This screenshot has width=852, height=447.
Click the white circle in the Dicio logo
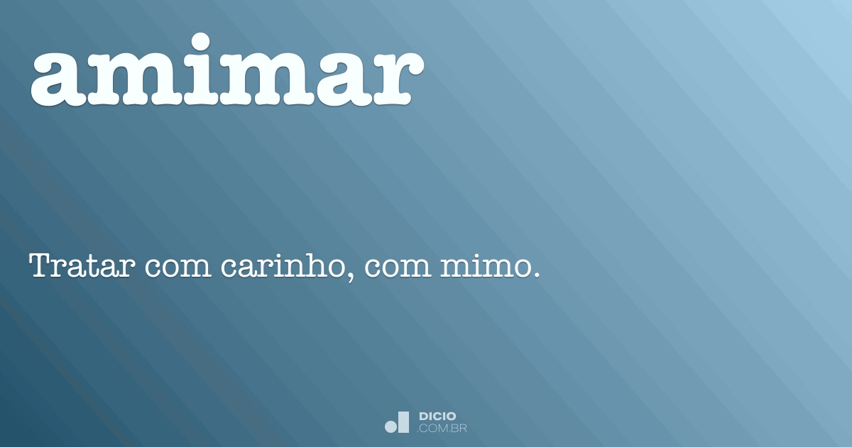coord(391,426)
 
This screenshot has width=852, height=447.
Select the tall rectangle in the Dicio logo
coord(404,421)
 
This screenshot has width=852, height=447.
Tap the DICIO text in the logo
coord(437,416)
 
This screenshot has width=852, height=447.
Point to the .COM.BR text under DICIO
coord(442,429)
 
